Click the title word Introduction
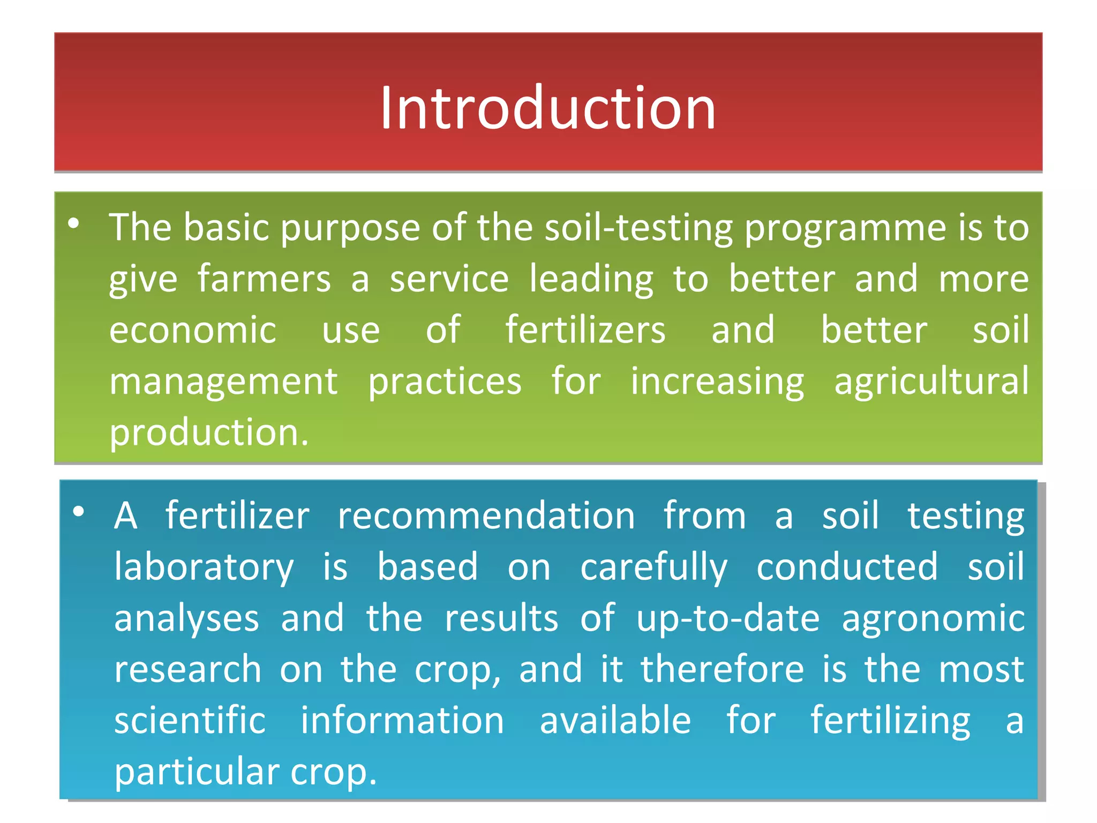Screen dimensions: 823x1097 [547, 108]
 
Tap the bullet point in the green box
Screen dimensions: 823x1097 [74, 223]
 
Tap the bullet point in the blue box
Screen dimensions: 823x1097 [79, 512]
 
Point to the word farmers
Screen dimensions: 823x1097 [264, 280]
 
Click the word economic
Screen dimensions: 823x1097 [192, 330]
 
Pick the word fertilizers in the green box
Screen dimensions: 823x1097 [585, 330]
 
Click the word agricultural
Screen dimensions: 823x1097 [931, 381]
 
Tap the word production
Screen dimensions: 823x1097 [208, 433]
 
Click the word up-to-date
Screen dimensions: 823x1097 [727, 619]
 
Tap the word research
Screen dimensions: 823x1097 [187, 670]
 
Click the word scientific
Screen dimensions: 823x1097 [190, 721]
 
